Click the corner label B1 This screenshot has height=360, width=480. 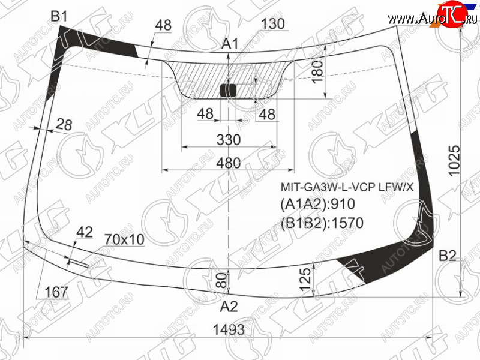click(59, 16)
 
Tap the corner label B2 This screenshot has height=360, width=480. click(447, 256)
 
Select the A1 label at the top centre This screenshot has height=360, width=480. click(230, 44)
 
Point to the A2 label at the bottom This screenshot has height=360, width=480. click(229, 306)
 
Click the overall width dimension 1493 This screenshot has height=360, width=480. click(229, 329)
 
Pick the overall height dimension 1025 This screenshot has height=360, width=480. click(454, 160)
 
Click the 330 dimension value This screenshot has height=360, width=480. click(229, 140)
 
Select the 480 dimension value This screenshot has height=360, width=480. click(229, 163)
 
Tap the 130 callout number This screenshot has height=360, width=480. click(273, 23)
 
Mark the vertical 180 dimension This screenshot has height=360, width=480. click(319, 71)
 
